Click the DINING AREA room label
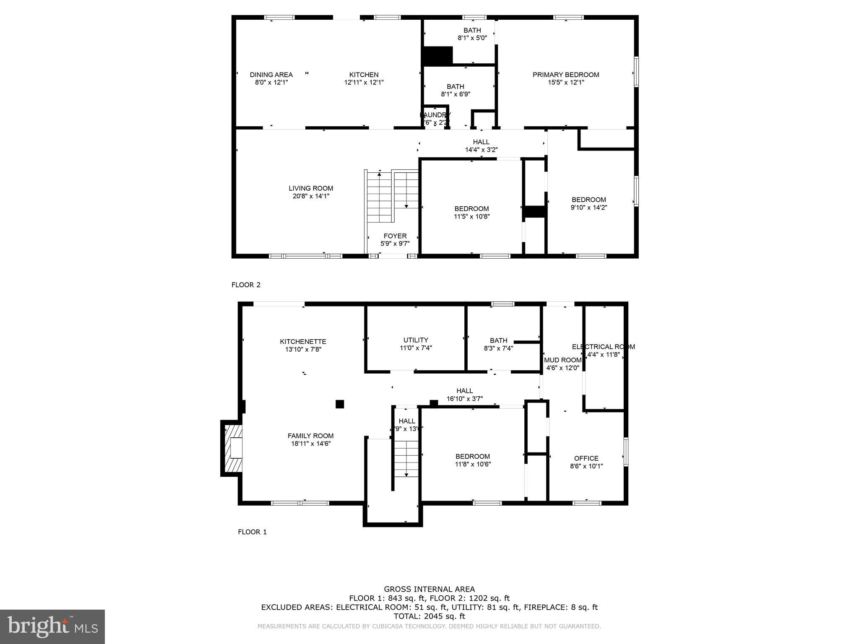coord(271,75)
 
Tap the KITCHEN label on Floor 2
coord(364,75)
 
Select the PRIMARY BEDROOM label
coord(565,75)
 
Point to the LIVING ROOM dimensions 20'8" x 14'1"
coord(311,196)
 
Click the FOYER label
coord(395,236)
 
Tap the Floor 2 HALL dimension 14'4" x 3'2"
coord(481,150)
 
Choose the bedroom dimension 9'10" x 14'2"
coord(588,207)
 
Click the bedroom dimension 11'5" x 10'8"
coord(471,216)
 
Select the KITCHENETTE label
coord(303,341)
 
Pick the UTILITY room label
coord(416,340)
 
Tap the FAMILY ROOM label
coord(310,436)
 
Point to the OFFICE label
coord(586,458)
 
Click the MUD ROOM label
coord(562,360)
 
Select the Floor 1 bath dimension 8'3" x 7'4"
coord(498,348)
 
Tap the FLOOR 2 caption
coord(246,285)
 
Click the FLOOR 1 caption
coord(252,532)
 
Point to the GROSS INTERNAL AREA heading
coord(429,589)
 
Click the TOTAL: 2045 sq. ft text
coord(429,616)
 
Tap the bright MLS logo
coord(52,626)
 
